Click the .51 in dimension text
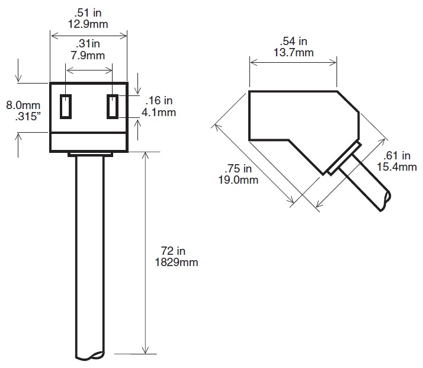tap(88, 12)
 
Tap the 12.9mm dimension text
tap(88, 24)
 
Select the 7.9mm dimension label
tap(88, 56)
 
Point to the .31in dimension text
tap(88, 43)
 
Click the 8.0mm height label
tap(23, 105)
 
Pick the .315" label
tap(28, 117)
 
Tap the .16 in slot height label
tap(159, 100)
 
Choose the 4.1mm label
tap(159, 112)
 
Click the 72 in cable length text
tap(173, 251)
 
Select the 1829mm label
tap(177, 263)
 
